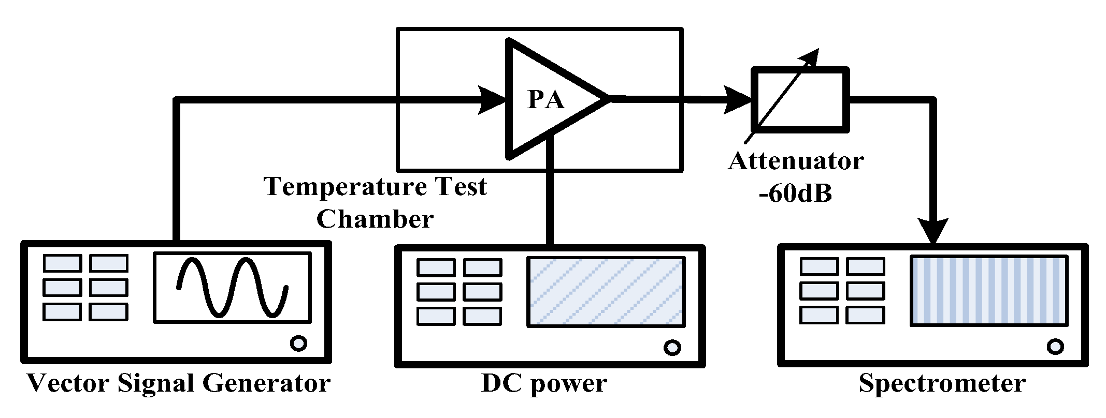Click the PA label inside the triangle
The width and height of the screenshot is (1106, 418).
[545, 99]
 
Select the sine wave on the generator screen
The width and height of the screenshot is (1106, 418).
[233, 287]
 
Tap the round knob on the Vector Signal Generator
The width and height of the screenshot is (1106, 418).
[298, 343]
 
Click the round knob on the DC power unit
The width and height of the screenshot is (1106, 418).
[672, 347]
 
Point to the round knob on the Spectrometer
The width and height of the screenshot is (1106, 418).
[1055, 346]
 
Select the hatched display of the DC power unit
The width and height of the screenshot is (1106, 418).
[606, 292]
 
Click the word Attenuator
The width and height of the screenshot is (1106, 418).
[796, 161]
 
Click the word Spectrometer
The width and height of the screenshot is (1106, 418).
[942, 384]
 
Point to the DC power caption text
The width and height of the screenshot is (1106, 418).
[544, 384]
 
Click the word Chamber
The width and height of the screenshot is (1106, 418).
[375, 219]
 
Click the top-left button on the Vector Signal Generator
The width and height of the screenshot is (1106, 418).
[62, 263]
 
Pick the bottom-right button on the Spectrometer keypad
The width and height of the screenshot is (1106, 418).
[865, 315]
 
